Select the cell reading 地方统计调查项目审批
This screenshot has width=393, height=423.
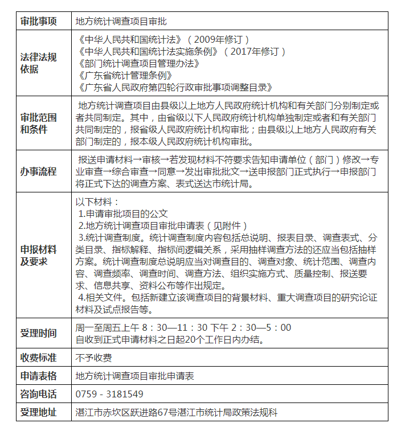click(121, 22)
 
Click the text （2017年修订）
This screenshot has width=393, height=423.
click(255, 52)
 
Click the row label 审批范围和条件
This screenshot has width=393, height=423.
click(39, 124)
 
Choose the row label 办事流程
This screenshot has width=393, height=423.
click(39, 171)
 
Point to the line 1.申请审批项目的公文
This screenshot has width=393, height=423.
click(123, 213)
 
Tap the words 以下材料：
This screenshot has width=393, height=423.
click(97, 202)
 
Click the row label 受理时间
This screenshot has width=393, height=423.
click(39, 333)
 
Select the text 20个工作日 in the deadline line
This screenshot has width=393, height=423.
click(206, 340)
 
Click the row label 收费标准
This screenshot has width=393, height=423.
click(39, 358)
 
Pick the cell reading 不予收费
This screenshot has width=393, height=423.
click(93, 358)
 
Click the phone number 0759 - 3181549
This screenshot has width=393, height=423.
click(109, 394)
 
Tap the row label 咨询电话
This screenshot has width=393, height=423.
click(39, 394)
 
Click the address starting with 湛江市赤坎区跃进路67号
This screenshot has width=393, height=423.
click(177, 412)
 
